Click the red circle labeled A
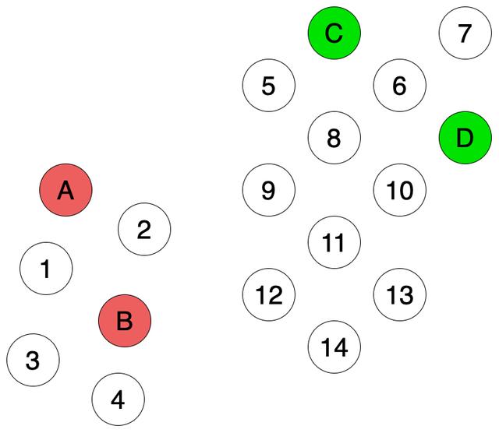pyautogui.click(x=66, y=190)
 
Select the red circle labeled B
pyautogui.click(x=125, y=320)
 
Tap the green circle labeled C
pyautogui.click(x=334, y=33)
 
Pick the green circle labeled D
pyautogui.click(x=465, y=139)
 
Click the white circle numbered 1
pyautogui.click(x=46, y=269)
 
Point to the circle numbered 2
pyautogui.click(x=144, y=229)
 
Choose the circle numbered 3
pyautogui.click(x=33, y=360)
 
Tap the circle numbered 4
pyautogui.click(x=119, y=400)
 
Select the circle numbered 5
pyautogui.click(x=269, y=86)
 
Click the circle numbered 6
pyautogui.click(x=400, y=86)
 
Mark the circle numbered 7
pyautogui.click(x=465, y=33)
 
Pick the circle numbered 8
pyautogui.click(x=334, y=138)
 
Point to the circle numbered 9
pyautogui.click(x=269, y=190)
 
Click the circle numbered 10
pyautogui.click(x=400, y=190)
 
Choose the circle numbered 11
pyautogui.click(x=334, y=242)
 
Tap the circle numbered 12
pyautogui.click(x=269, y=295)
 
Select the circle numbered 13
pyautogui.click(x=400, y=295)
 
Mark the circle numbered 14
pyautogui.click(x=334, y=347)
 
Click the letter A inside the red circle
pyautogui.click(x=66, y=190)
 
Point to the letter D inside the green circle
pyautogui.click(x=465, y=139)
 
